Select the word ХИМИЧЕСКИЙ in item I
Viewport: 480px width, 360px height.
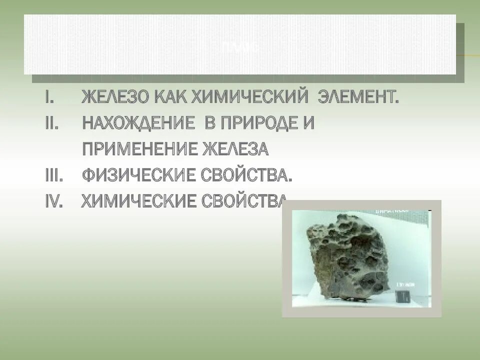tap(249, 97)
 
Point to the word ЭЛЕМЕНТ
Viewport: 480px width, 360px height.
tap(359, 97)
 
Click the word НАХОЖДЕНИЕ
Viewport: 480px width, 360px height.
tap(138, 123)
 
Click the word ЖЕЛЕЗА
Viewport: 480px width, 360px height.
tap(235, 149)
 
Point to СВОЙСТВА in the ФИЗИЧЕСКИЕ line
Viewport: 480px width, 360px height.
tap(246, 175)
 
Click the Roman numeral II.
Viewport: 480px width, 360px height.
tap(51, 123)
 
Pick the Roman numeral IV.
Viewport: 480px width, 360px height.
tap(54, 201)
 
